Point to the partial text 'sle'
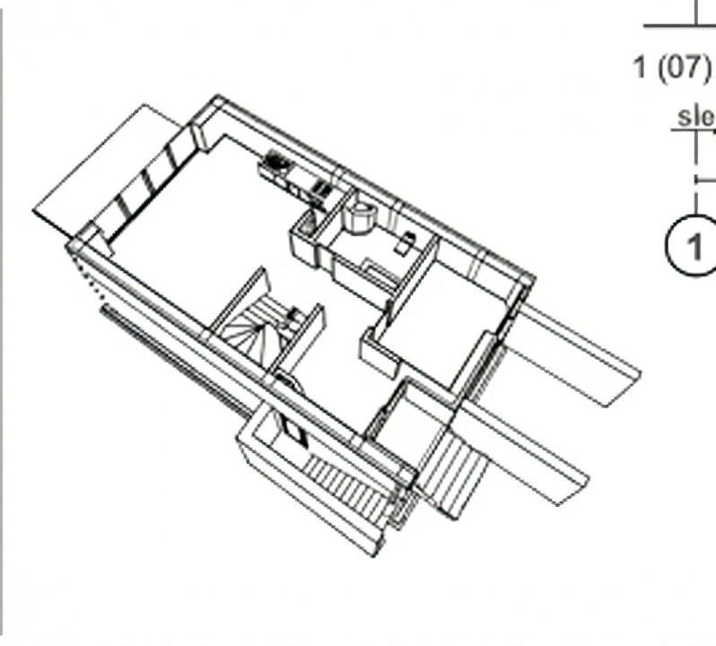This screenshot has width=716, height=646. (x=695, y=117)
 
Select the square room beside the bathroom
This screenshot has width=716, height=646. (x=444, y=323)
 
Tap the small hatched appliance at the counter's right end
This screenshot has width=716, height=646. (x=319, y=188)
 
